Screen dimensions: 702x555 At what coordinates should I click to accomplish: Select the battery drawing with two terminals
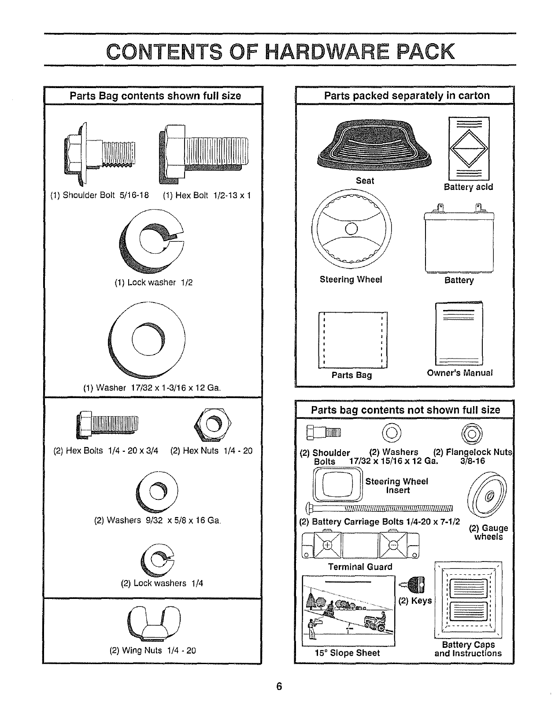tap(459, 240)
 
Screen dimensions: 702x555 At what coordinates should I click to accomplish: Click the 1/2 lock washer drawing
tap(152, 241)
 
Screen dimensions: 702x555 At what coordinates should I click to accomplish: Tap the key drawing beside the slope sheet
tap(414, 584)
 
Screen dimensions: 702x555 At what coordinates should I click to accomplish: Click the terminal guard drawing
tap(360, 545)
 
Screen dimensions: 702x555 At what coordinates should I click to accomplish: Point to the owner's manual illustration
tap(459, 334)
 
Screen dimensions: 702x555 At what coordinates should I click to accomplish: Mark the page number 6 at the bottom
tap(279, 686)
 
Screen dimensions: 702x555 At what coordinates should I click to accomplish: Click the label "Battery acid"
tap(468, 187)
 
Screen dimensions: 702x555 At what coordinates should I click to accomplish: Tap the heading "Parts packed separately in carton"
tap(407, 96)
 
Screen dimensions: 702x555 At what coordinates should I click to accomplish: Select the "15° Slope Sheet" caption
tap(347, 653)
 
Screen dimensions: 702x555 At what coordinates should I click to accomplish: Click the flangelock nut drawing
tap(471, 433)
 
